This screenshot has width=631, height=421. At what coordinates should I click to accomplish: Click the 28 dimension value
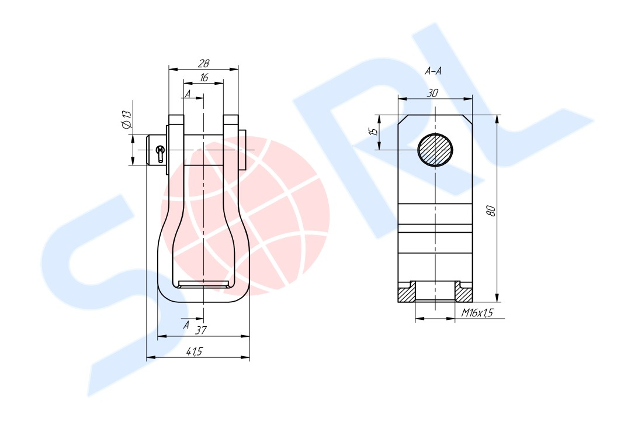(204, 63)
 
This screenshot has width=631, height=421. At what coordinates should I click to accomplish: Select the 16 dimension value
(204, 77)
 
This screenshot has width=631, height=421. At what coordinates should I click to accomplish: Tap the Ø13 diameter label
(126, 120)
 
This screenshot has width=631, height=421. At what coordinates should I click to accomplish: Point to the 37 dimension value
(200, 330)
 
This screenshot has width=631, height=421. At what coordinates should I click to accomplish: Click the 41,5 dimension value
(195, 351)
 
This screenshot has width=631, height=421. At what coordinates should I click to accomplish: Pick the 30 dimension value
(432, 93)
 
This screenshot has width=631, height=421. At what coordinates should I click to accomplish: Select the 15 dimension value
(374, 132)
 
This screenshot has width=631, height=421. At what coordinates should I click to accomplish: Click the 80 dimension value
(491, 210)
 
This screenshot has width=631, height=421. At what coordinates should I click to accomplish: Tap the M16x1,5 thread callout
(477, 313)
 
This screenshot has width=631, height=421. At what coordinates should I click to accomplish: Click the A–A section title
(433, 71)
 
